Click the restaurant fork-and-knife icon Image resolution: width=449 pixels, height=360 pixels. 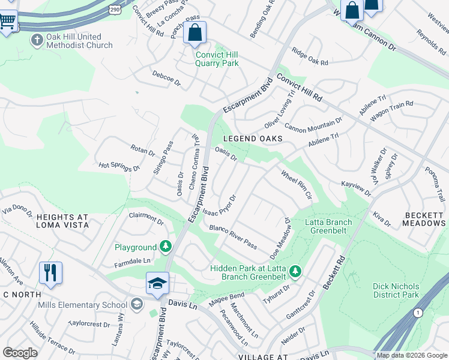coord(51,272)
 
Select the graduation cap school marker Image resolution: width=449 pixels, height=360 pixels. coord(157,283)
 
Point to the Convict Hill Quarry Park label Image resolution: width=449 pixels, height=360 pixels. coord(217,59)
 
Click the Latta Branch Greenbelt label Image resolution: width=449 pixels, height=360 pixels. coord(328,226)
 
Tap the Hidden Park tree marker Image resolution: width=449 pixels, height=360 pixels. coord(295,272)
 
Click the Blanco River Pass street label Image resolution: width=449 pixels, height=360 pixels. coord(233,238)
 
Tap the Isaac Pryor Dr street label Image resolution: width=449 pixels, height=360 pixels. coord(219,206)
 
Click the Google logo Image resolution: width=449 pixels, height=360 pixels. coord(20,353)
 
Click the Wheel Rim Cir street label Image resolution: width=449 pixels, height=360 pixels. coord(297,186)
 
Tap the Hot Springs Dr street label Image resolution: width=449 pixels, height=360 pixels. coord(119,166)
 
